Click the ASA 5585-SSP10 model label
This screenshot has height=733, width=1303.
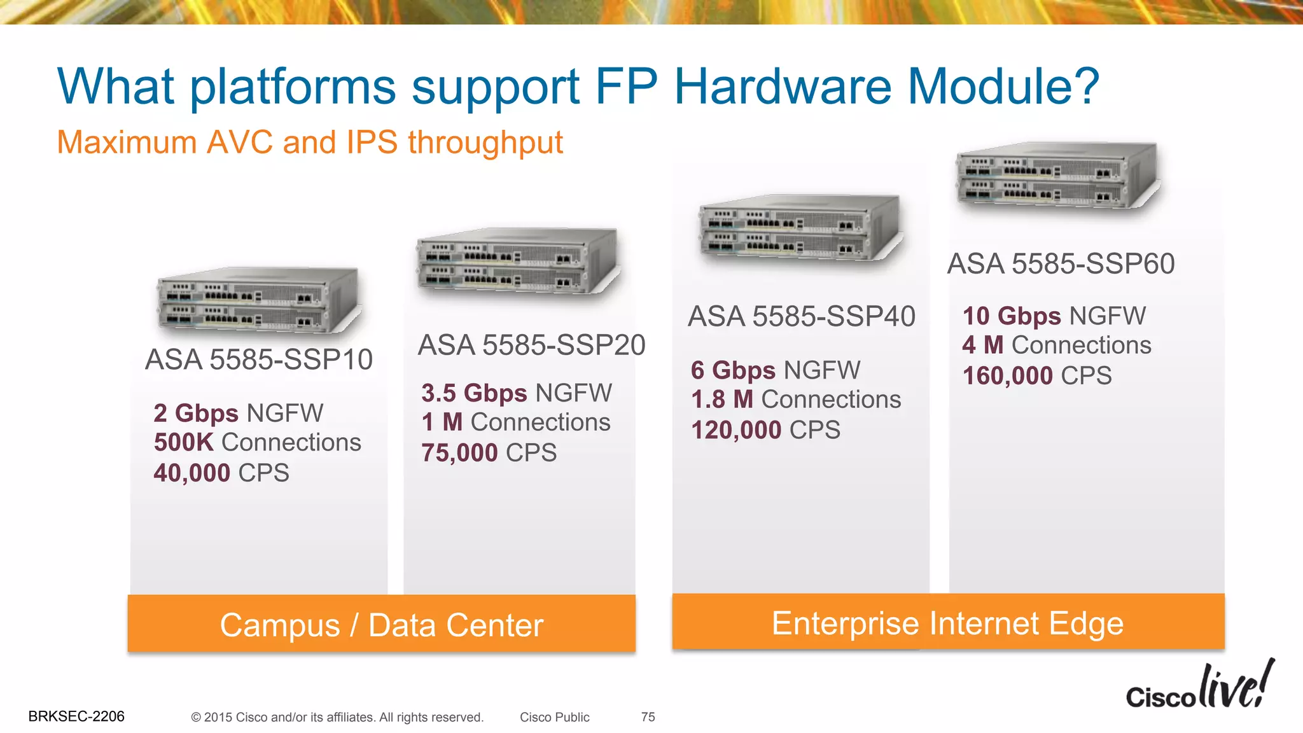[259, 360]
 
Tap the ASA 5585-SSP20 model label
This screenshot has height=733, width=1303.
[531, 346]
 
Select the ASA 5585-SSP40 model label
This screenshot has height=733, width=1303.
[802, 317]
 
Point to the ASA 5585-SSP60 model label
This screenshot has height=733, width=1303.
[1061, 264]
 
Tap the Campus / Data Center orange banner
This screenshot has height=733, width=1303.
[382, 624]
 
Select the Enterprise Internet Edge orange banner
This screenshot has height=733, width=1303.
[948, 622]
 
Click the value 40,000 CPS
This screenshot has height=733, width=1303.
[221, 473]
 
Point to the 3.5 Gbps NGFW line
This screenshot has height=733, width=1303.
[517, 393]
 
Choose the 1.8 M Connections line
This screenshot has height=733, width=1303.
[796, 400]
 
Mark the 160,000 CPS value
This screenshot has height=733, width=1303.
[1037, 376]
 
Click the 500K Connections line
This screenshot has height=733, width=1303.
[258, 443]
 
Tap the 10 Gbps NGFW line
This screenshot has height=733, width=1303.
[1054, 316]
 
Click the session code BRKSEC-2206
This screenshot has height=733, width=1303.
[76, 716]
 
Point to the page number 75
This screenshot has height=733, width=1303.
[648, 717]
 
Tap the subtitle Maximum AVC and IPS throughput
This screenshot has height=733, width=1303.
[310, 143]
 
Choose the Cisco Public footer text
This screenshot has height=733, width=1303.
[554, 717]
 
